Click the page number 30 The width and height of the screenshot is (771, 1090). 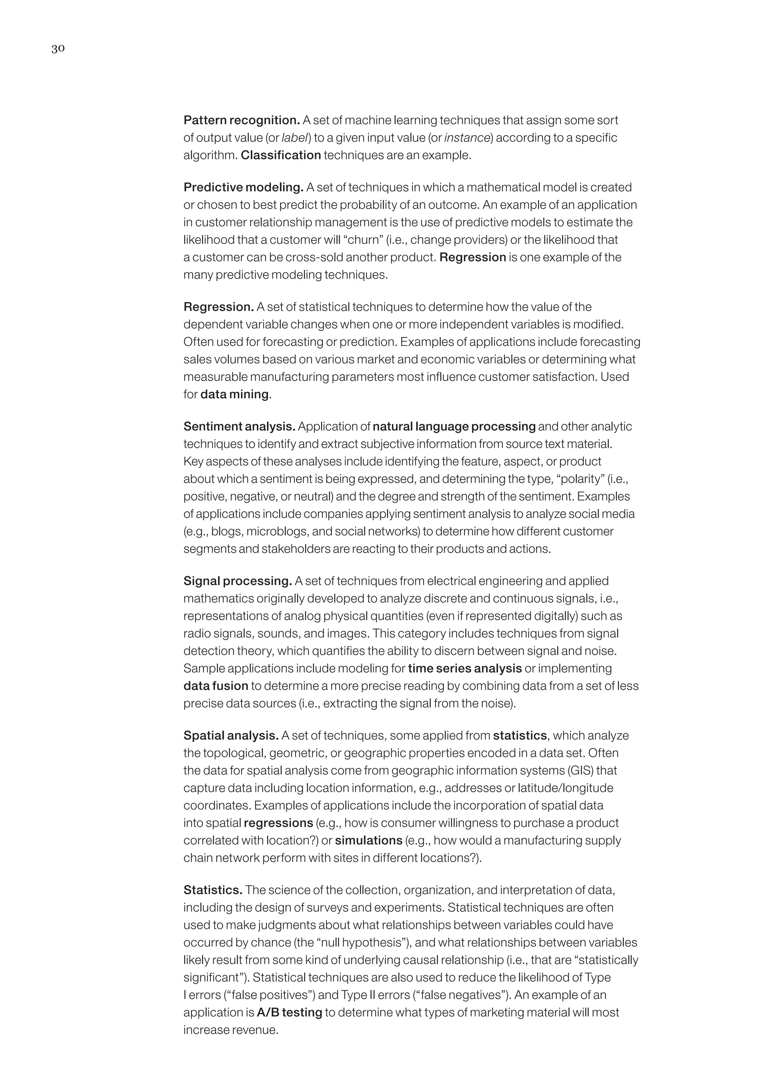tap(58, 49)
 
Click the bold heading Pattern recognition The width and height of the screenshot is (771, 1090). tap(241, 120)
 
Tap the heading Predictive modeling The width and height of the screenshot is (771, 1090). tap(243, 187)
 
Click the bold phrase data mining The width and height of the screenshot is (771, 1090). tap(235, 394)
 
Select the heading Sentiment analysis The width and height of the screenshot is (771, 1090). tap(239, 426)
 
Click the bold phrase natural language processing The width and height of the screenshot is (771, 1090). tap(454, 426)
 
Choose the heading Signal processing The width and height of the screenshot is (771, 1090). tap(238, 581)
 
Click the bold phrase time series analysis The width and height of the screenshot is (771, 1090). tap(464, 668)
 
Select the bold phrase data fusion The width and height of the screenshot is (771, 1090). tap(216, 686)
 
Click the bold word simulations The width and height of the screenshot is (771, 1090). tap(369, 840)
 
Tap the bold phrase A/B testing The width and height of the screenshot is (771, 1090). tap(289, 1012)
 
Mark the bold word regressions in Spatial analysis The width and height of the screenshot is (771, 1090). tap(278, 823)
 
